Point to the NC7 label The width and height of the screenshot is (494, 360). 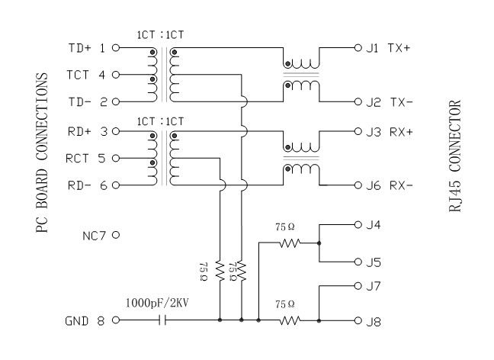[95, 235]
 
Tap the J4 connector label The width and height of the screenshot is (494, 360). [373, 225]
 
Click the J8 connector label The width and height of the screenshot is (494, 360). [373, 321]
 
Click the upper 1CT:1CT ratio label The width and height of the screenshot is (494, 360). [160, 35]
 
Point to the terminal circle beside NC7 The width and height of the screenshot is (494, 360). [116, 235]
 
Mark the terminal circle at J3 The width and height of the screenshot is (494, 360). [357, 131]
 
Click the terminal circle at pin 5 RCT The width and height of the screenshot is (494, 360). [116, 158]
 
